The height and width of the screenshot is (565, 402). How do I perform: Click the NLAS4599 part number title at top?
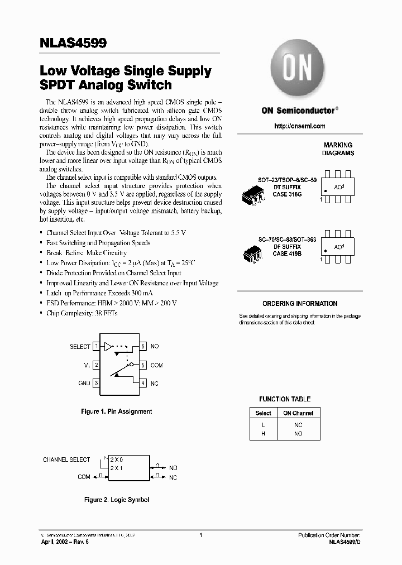pyautogui.click(x=73, y=43)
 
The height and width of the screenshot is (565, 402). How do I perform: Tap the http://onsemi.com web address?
pyautogui.click(x=300, y=126)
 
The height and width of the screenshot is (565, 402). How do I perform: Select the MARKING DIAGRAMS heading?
pyautogui.click(x=338, y=149)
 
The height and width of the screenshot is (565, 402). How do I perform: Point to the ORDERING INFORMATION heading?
pyautogui.click(x=300, y=304)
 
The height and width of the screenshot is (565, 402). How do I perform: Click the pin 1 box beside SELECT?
pyautogui.click(x=96, y=347)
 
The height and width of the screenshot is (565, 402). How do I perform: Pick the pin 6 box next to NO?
pyautogui.click(x=143, y=347)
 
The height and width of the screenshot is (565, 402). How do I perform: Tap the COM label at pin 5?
pyautogui.click(x=157, y=365)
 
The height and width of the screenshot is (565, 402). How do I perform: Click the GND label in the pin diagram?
pyautogui.click(x=84, y=384)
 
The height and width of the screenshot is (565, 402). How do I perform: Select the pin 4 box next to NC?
pyautogui.click(x=143, y=384)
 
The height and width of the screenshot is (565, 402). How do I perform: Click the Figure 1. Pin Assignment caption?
pyautogui.click(x=117, y=411)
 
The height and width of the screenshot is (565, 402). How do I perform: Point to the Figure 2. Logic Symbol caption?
pyautogui.click(x=117, y=500)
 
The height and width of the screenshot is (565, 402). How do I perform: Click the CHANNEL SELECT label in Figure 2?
pyautogui.click(x=66, y=459)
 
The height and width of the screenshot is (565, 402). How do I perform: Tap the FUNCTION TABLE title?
pyautogui.click(x=285, y=399)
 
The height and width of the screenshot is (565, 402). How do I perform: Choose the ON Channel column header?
pyautogui.click(x=298, y=413)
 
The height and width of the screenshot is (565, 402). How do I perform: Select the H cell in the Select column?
pyautogui.click(x=263, y=433)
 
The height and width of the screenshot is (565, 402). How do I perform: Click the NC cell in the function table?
pyautogui.click(x=298, y=424)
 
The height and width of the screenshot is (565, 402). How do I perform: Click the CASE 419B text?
pyautogui.click(x=287, y=253)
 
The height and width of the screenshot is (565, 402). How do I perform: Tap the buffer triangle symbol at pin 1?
pyautogui.click(x=108, y=347)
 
